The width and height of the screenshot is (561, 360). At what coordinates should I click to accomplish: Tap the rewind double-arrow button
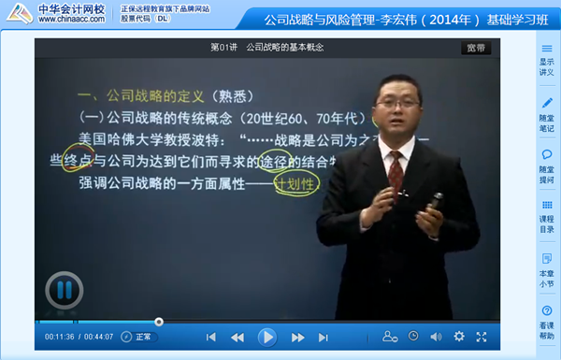tap(237, 337)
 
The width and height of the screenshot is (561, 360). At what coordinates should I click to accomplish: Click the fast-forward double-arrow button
tap(297, 337)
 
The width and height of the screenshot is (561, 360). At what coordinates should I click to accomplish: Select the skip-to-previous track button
tap(211, 337)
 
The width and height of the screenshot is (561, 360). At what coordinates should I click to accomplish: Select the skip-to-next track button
tap(324, 337)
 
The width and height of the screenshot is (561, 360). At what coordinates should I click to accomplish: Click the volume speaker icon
tap(436, 337)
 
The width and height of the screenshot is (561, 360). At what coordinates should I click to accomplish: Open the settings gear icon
tap(459, 337)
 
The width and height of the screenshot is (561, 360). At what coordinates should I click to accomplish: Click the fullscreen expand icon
tap(482, 337)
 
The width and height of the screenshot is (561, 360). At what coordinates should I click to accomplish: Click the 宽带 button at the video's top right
tap(475, 49)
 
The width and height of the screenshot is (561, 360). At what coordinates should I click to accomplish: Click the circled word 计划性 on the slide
tap(296, 182)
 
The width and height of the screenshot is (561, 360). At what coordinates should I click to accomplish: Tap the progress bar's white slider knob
tap(159, 322)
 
